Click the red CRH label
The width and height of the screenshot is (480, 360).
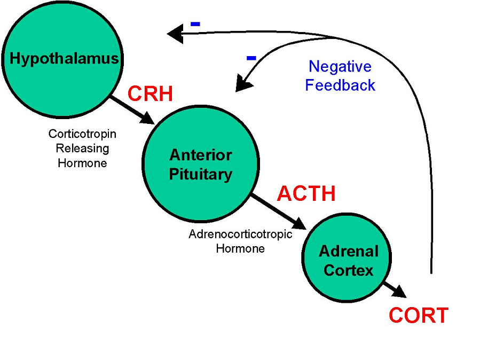(150, 94)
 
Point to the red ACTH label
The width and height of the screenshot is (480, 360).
(306, 193)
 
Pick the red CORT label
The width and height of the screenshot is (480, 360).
(418, 315)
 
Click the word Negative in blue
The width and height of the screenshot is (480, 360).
(340, 67)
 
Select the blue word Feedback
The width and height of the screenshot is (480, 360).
(340, 85)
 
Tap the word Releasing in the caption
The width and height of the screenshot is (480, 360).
(83, 148)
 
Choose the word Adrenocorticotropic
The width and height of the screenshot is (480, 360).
(240, 234)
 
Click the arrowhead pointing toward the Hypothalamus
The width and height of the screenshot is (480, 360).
(174, 34)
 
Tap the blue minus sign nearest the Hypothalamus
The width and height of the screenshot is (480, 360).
(195, 24)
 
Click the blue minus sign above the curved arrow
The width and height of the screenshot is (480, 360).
(251, 57)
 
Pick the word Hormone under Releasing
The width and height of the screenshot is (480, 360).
(82, 163)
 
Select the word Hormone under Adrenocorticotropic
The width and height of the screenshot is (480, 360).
(240, 248)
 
